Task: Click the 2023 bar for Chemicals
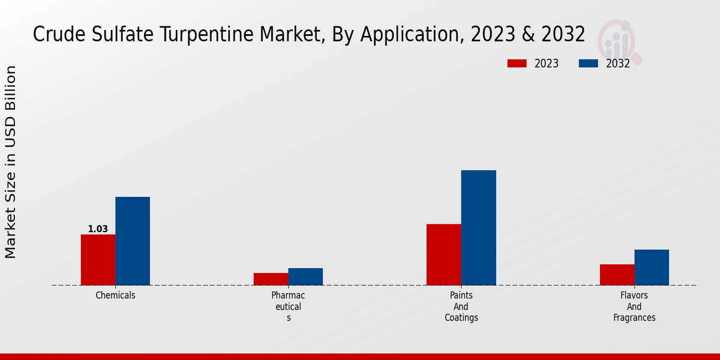click(x=98, y=259)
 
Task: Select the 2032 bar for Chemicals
click(x=133, y=241)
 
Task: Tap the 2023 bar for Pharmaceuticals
click(x=271, y=279)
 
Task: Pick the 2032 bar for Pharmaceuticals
click(x=305, y=277)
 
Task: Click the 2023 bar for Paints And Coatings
click(x=444, y=254)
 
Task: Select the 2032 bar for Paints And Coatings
click(x=479, y=227)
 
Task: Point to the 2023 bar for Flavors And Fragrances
click(x=617, y=275)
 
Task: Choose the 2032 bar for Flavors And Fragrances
click(x=652, y=267)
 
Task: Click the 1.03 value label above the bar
click(x=98, y=229)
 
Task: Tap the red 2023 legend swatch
click(x=517, y=64)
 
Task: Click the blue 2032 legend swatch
click(x=589, y=64)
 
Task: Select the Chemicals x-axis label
click(x=115, y=295)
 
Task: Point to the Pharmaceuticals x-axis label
click(x=288, y=307)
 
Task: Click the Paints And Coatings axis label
click(x=461, y=307)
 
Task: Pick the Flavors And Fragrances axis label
click(x=634, y=307)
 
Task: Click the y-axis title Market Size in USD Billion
click(x=11, y=162)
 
